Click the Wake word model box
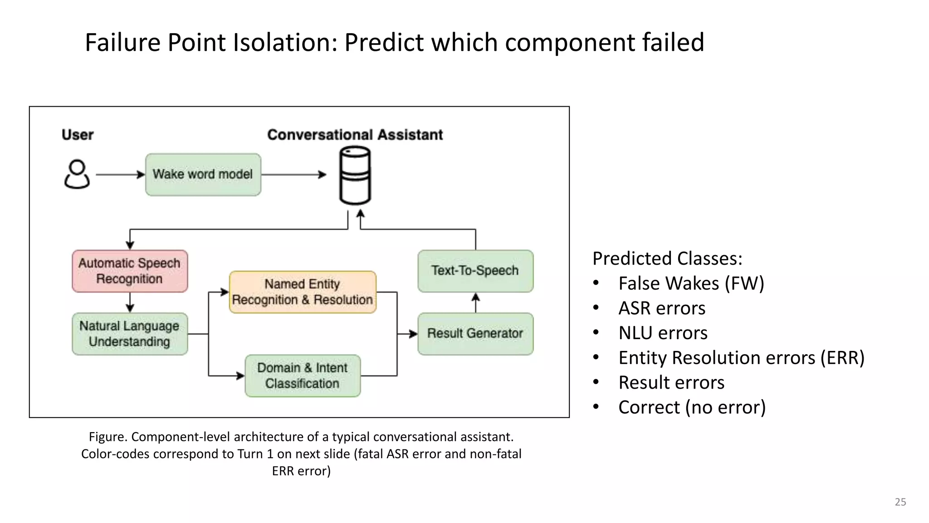pyautogui.click(x=203, y=175)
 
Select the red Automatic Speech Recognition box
pyautogui.click(x=130, y=271)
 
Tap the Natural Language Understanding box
pyautogui.click(x=130, y=334)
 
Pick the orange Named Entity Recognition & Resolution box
pyautogui.click(x=303, y=292)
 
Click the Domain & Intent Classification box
pyautogui.click(x=303, y=375)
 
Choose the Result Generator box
pyautogui.click(x=475, y=334)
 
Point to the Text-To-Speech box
pyautogui.click(x=475, y=271)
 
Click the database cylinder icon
pyautogui.click(x=355, y=175)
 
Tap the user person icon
pyautogui.click(x=77, y=174)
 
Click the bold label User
pyautogui.click(x=78, y=135)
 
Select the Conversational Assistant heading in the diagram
pyautogui.click(x=355, y=135)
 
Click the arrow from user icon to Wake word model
pyautogui.click(x=120, y=174)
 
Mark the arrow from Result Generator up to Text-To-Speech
pyautogui.click(x=475, y=303)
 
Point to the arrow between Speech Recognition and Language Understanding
pyautogui.click(x=130, y=302)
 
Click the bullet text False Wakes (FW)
pyautogui.click(x=691, y=283)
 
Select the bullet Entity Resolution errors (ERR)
pyautogui.click(x=741, y=358)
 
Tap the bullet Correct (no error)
pyautogui.click(x=692, y=407)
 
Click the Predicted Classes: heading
pyautogui.click(x=667, y=258)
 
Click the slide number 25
pyautogui.click(x=900, y=502)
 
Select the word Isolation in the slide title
pyautogui.click(x=285, y=43)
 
